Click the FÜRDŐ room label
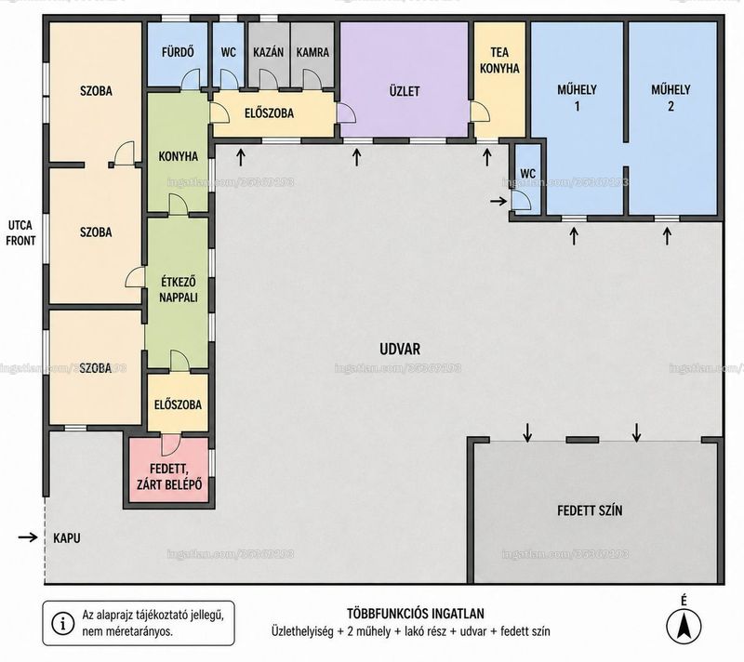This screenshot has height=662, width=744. (x=178, y=52)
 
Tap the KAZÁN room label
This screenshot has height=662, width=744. (x=269, y=52)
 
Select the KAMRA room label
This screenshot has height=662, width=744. (x=312, y=52)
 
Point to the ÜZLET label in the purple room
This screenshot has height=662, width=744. (x=405, y=91)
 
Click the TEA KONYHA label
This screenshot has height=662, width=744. (x=499, y=60)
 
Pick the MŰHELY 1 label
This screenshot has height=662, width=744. (x=577, y=98)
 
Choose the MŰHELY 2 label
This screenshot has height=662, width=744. (x=671, y=98)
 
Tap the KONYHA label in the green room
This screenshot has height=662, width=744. (x=178, y=156)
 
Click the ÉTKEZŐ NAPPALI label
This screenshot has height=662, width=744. (x=179, y=290)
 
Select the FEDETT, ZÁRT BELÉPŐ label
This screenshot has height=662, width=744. (x=169, y=477)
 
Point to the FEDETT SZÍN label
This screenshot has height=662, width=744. (x=590, y=510)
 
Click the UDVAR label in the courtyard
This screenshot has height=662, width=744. (x=400, y=349)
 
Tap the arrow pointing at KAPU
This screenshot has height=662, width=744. (x=28, y=536)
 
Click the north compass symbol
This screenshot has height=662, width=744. (x=684, y=626)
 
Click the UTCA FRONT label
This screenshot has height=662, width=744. (x=20, y=232)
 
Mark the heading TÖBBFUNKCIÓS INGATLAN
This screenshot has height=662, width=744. (x=416, y=614)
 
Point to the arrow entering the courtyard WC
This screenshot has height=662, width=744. (x=498, y=202)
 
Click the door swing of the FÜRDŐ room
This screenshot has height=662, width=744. (x=192, y=79)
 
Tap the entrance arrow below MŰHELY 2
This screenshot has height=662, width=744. (x=668, y=236)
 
